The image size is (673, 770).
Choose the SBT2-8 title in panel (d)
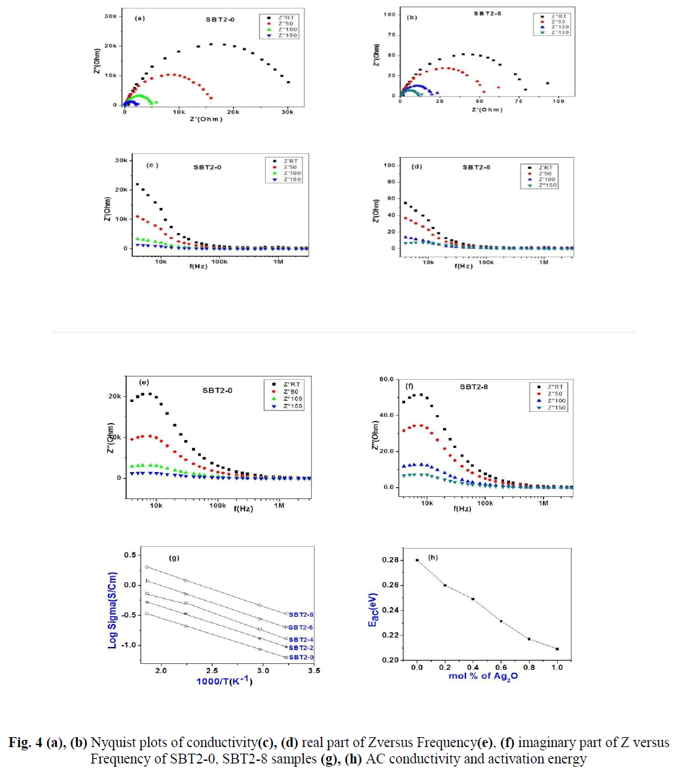(477, 167)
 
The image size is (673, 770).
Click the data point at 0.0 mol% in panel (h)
(417, 560)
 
